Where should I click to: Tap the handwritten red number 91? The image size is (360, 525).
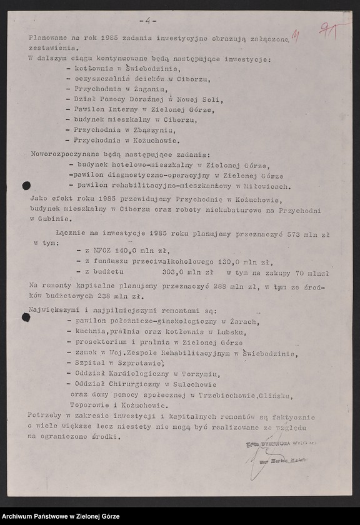[329, 30]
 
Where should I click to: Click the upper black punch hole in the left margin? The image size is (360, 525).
[26, 185]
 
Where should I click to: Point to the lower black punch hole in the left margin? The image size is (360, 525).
[26, 317]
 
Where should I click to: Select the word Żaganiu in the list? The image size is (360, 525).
[144, 89]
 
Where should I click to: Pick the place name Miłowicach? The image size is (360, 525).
[267, 186]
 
